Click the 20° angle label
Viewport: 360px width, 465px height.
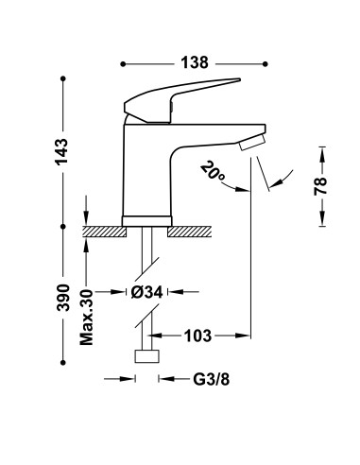213,172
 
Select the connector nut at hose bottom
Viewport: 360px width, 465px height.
146,358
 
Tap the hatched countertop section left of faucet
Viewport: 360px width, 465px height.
102,230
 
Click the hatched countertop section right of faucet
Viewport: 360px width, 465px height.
193,230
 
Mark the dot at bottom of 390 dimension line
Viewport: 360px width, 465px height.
62,364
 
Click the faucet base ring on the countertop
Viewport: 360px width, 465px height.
146,221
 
